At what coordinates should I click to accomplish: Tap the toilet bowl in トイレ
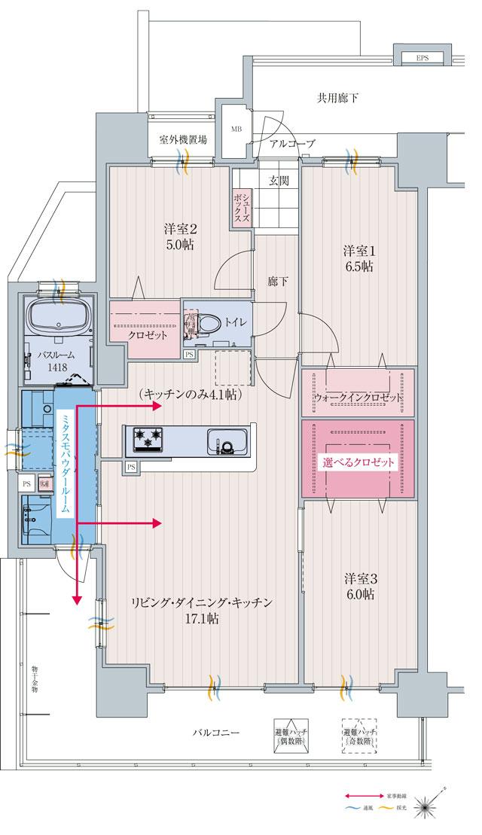[x=212, y=324]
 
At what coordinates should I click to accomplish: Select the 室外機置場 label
[x=183, y=141]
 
